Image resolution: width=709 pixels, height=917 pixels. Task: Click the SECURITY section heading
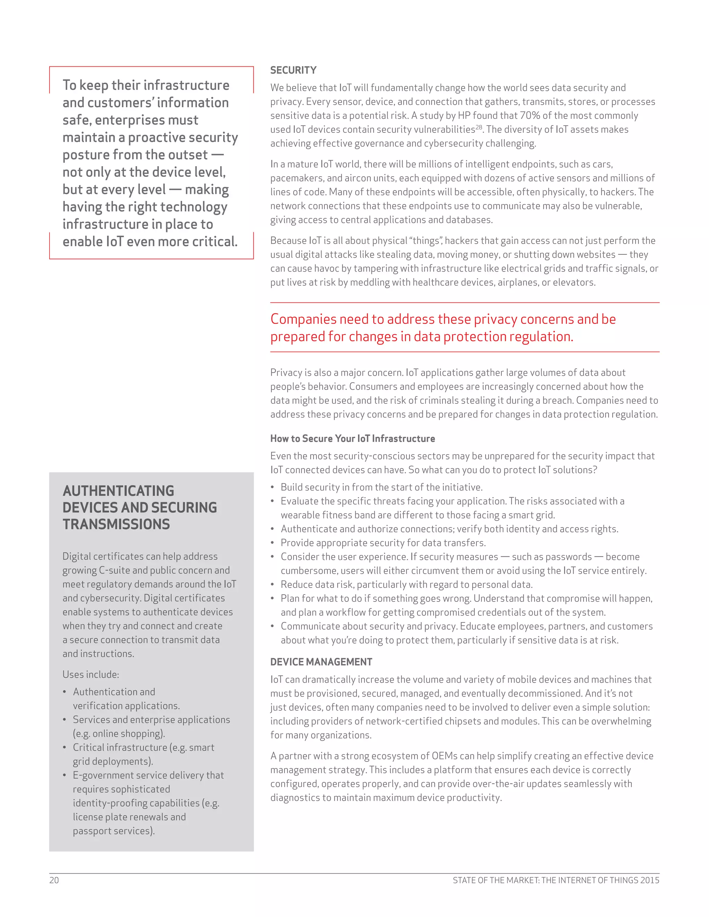click(293, 70)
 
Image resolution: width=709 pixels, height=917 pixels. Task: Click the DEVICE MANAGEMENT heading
click(321, 662)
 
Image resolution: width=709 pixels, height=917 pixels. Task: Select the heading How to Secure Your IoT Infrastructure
click(352, 438)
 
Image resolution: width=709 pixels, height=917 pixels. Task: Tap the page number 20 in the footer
click(54, 880)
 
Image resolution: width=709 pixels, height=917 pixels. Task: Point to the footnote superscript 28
click(478, 126)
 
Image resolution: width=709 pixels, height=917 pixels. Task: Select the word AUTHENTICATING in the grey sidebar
click(118, 490)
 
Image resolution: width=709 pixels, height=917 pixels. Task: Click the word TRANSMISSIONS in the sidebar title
click(116, 524)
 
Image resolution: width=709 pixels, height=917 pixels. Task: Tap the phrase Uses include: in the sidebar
click(91, 674)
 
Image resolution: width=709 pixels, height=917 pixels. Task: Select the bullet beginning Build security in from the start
click(382, 487)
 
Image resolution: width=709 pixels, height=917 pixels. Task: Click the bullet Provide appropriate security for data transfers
click(383, 543)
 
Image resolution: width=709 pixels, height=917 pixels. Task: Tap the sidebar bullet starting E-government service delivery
click(148, 775)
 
